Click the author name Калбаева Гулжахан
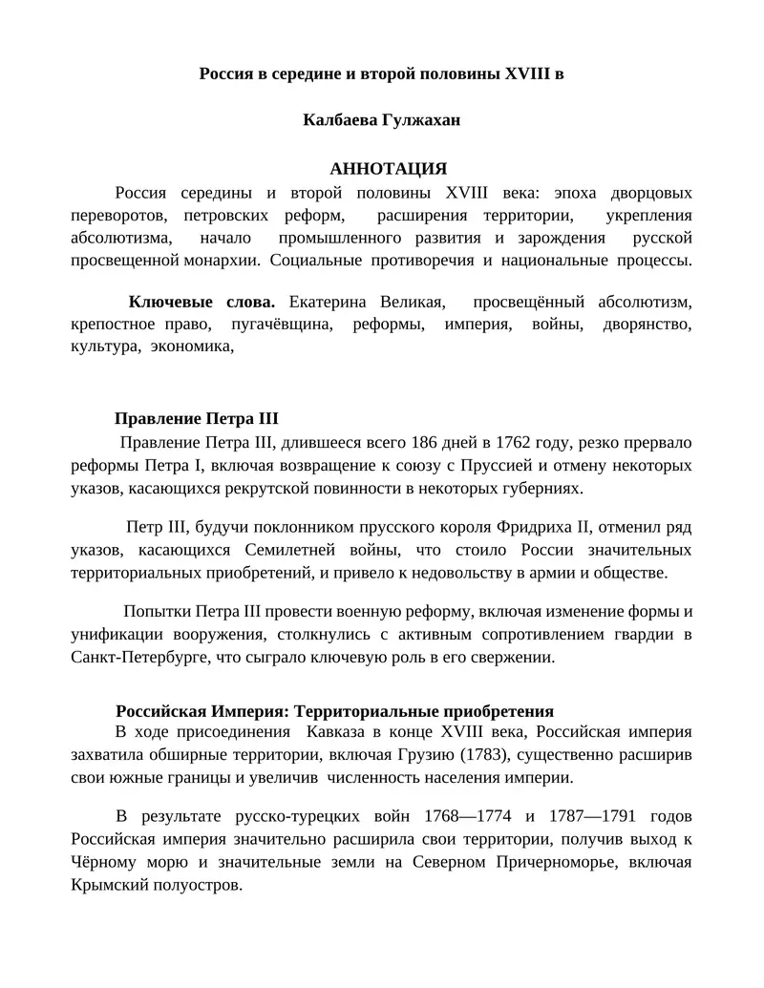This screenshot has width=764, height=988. pos(381,120)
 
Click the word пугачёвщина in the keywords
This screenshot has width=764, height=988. pos(282,325)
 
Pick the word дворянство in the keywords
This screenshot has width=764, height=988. pos(647,325)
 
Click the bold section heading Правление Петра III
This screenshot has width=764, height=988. pos(196,419)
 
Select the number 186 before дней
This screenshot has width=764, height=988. pos(426,443)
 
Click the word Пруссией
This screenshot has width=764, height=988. pos(514,466)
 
